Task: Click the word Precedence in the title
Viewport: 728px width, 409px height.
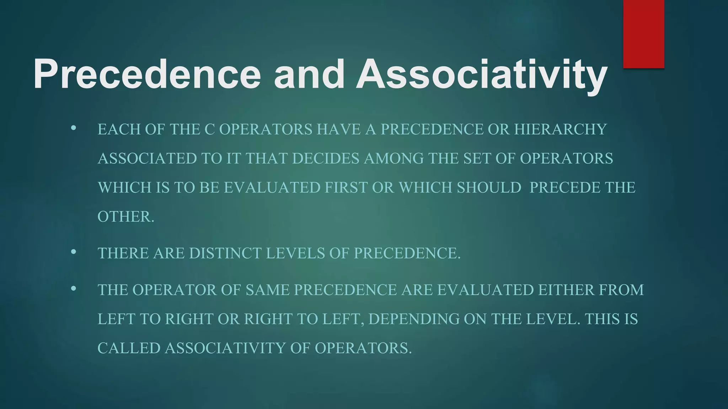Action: point(147,75)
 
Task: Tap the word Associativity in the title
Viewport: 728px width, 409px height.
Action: point(481,75)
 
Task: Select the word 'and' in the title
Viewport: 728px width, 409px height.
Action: point(308,75)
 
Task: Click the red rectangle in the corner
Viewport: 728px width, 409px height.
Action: point(644,34)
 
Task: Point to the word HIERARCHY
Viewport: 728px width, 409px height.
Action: point(560,129)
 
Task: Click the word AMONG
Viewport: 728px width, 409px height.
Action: point(394,158)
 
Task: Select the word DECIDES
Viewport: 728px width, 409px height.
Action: point(326,158)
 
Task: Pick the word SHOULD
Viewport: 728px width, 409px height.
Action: point(489,187)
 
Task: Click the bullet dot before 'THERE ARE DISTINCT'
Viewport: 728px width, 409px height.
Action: point(74,252)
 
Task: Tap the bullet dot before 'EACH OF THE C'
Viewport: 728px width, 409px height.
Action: point(74,128)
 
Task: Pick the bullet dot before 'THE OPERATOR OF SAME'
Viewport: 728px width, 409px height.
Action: point(74,289)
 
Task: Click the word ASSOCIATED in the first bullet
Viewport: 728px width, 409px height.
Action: point(147,158)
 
